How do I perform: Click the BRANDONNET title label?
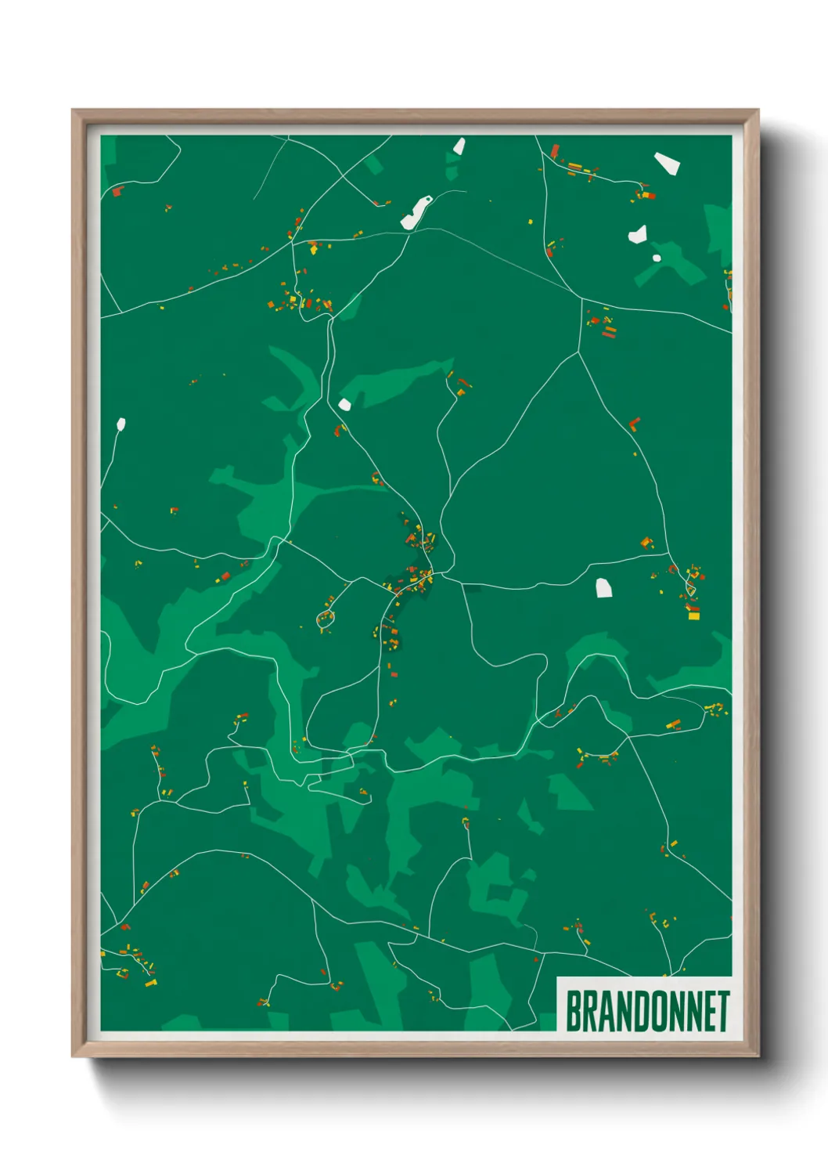coord(647,1011)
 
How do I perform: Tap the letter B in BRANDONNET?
coord(573,1011)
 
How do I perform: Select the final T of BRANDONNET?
coord(722,1011)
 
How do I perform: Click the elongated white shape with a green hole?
coord(416,212)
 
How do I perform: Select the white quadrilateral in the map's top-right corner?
coord(667,163)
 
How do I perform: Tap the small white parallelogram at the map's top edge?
coord(459,146)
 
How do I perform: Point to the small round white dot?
coord(657,258)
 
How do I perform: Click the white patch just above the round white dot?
coord(638,234)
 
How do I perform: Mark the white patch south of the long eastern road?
coord(603,587)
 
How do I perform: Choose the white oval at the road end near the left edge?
coord(121,424)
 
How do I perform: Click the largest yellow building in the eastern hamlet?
coord(693,616)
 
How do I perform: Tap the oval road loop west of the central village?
coord(325,619)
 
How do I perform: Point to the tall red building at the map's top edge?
coord(555,150)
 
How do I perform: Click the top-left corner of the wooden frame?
coord(73,110)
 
